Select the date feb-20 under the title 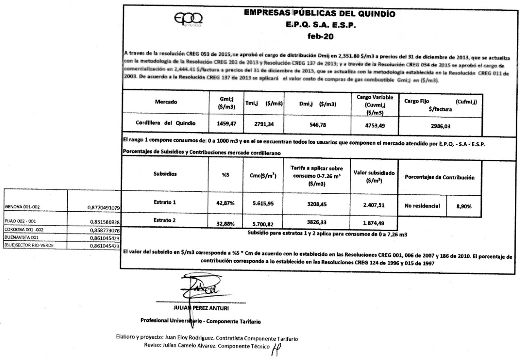pos(323,37)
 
